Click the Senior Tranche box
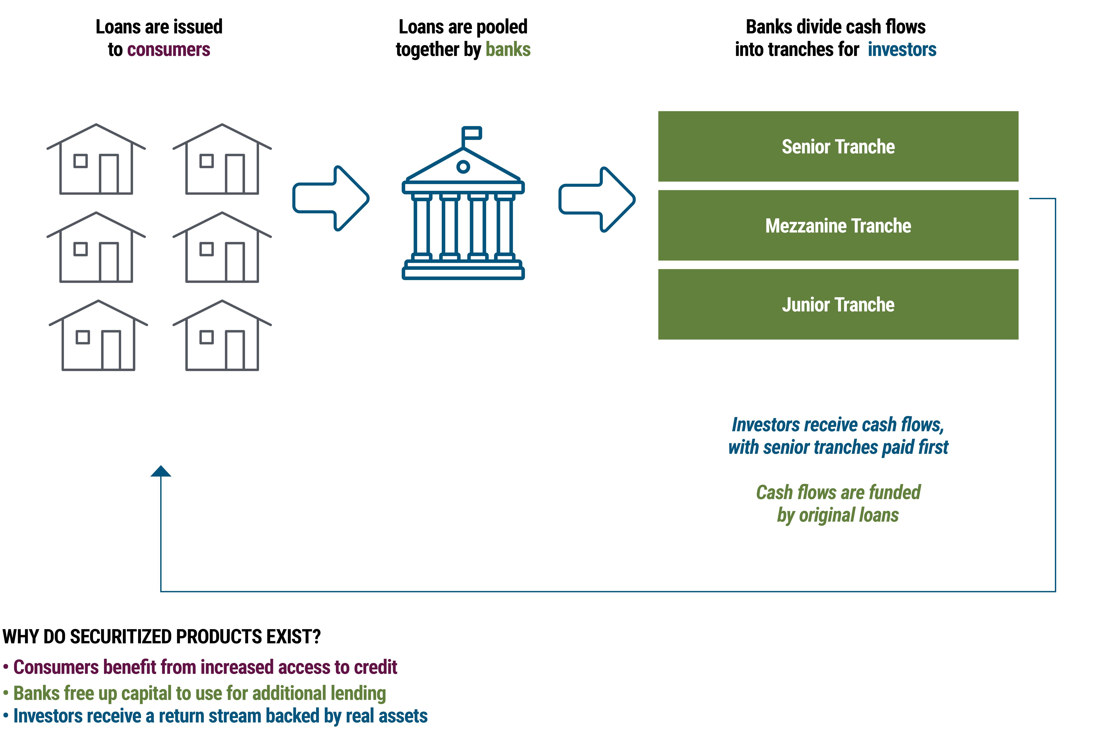[838, 146]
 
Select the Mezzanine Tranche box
[838, 225]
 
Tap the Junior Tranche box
[838, 305]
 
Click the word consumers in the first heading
[169, 49]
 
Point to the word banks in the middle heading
[508, 49]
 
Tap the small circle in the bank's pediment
[463, 167]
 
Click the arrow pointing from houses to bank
[331, 198]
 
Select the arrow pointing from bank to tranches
[597, 199]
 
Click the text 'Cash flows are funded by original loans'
[838, 504]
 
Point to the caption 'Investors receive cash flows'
[838, 435]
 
